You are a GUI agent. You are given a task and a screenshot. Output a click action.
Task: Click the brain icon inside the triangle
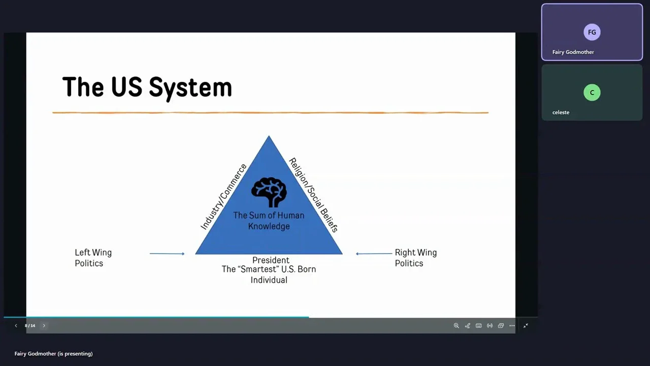269,192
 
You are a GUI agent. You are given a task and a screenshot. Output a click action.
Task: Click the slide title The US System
147,87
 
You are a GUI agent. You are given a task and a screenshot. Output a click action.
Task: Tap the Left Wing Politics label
93,258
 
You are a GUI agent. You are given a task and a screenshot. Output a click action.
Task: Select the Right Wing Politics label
416,258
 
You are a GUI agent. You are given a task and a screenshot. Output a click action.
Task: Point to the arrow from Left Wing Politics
167,254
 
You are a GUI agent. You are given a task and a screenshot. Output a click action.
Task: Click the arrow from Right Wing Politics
374,254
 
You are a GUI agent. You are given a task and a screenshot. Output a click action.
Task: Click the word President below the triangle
271,260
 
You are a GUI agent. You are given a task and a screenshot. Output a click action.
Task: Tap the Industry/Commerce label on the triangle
224,197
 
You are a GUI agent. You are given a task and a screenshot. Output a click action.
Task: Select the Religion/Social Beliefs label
314,195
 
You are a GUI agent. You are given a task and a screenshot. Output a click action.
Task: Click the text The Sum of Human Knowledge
269,221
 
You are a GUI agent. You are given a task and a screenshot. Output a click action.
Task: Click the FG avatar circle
592,32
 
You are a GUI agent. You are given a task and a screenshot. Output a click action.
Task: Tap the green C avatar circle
592,93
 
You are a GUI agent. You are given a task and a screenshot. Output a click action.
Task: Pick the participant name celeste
561,112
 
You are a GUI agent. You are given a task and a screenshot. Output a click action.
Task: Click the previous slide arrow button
16,326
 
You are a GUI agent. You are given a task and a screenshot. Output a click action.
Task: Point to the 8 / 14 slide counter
30,326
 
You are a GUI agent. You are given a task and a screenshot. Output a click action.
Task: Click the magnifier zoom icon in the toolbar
456,326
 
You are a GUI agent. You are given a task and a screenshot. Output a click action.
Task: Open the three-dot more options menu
512,326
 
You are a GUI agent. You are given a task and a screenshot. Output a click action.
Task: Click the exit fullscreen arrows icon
526,326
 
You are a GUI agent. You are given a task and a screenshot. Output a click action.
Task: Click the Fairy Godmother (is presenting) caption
54,353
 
